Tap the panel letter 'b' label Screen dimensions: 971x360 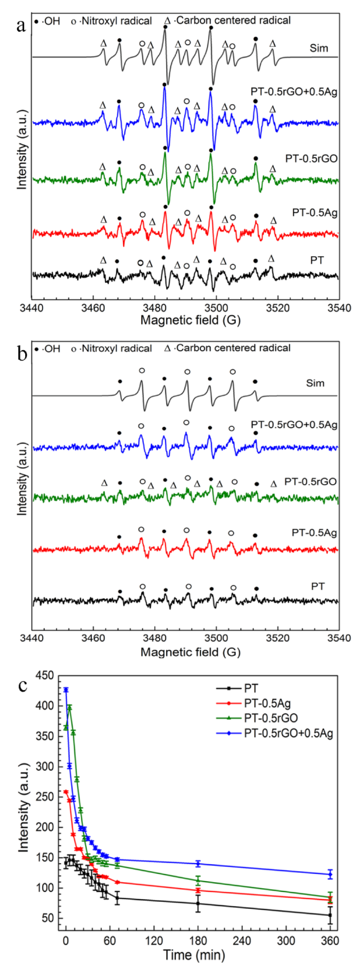[21, 353]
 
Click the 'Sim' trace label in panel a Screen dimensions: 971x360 [318, 49]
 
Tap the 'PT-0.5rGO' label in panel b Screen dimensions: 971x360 [311, 482]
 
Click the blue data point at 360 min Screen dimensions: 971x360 [330, 874]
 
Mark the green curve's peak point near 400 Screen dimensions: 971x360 [69, 707]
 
